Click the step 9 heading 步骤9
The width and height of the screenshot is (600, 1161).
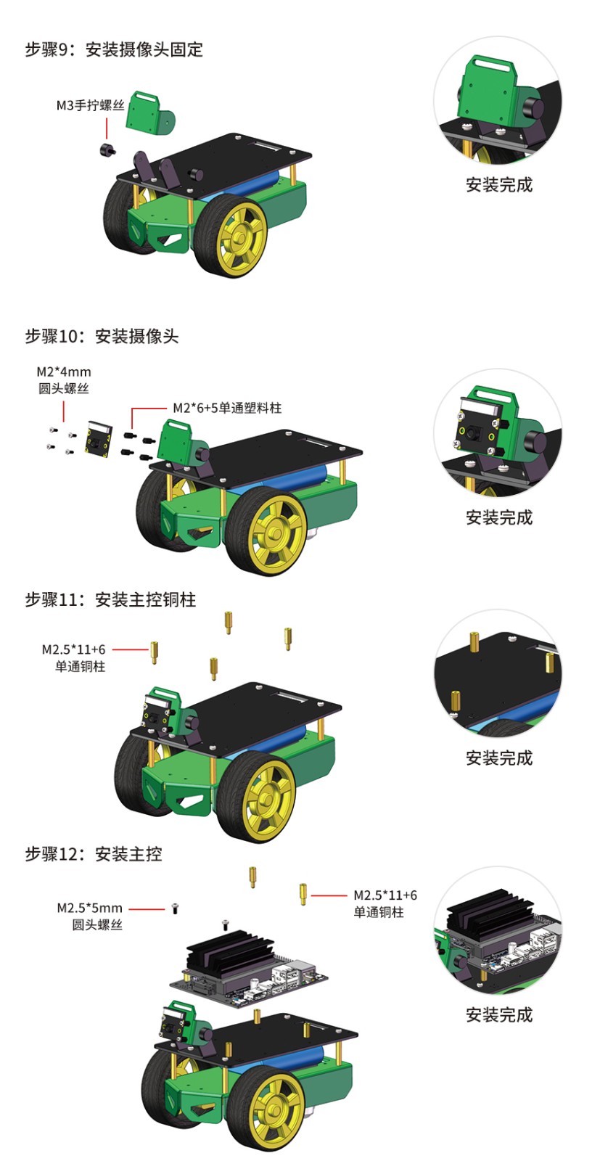pyautogui.click(x=51, y=49)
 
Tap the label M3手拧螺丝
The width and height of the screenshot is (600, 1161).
pyautogui.click(x=90, y=106)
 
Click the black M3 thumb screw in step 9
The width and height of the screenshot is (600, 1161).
pyautogui.click(x=110, y=149)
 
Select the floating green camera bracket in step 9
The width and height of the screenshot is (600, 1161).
pyautogui.click(x=148, y=115)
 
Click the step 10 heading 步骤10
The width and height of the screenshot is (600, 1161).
pyautogui.click(x=55, y=336)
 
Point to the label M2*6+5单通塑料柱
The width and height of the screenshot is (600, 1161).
pyautogui.click(x=226, y=408)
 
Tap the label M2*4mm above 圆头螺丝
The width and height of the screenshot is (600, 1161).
pyautogui.click(x=64, y=372)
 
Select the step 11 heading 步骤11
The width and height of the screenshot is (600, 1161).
pyautogui.click(x=55, y=599)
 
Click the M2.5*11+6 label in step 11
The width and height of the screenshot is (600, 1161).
pyautogui.click(x=73, y=649)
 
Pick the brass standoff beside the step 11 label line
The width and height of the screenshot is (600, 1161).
pyautogui.click(x=155, y=651)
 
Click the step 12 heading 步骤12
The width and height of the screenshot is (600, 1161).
pyautogui.click(x=55, y=854)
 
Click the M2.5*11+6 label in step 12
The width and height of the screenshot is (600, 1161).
pyautogui.click(x=385, y=895)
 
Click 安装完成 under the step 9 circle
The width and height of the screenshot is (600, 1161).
pyautogui.click(x=499, y=185)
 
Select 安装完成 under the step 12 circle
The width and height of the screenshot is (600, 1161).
pyautogui.click(x=499, y=1014)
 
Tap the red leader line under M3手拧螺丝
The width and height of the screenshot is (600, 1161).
pyautogui.click(x=107, y=127)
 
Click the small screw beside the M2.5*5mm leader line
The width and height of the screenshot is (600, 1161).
pyautogui.click(x=175, y=908)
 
